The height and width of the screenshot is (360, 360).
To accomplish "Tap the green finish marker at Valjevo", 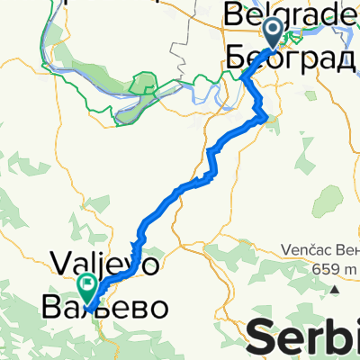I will point(88,288).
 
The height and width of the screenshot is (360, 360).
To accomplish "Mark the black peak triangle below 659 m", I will point(335,290).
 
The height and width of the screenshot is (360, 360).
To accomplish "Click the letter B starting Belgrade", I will point(235,13).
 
